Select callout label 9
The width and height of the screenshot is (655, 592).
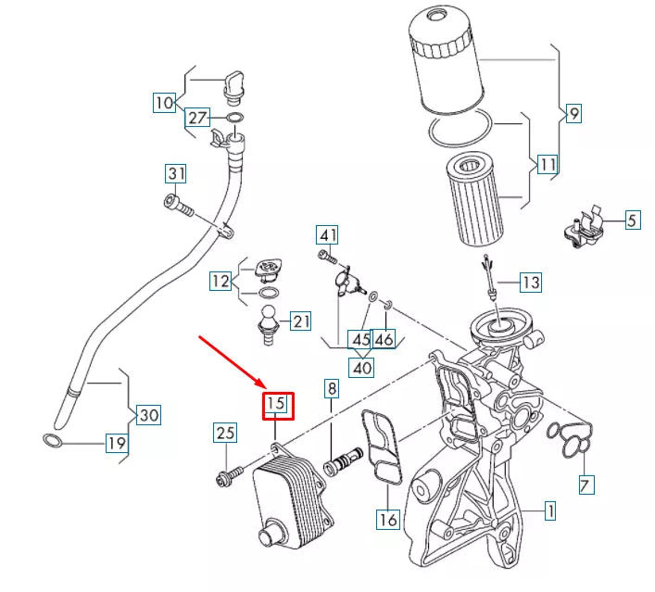tap(573, 114)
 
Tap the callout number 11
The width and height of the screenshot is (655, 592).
tap(548, 166)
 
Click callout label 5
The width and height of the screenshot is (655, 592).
tap(632, 220)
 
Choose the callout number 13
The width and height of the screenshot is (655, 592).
tap(530, 281)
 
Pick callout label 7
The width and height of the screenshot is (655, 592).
tap(586, 484)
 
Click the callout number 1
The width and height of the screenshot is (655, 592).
tap(549, 510)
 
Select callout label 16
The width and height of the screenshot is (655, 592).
tap(387, 520)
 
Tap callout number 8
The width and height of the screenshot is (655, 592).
tap(331, 390)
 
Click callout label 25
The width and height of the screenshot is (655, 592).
tap(225, 432)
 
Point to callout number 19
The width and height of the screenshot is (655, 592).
tap(115, 444)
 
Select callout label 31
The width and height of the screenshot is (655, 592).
tap(176, 173)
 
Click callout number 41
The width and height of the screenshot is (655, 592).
tap(327, 234)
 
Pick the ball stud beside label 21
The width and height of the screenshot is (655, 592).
tap(268, 325)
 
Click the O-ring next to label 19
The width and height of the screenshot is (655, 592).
tap(55, 438)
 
